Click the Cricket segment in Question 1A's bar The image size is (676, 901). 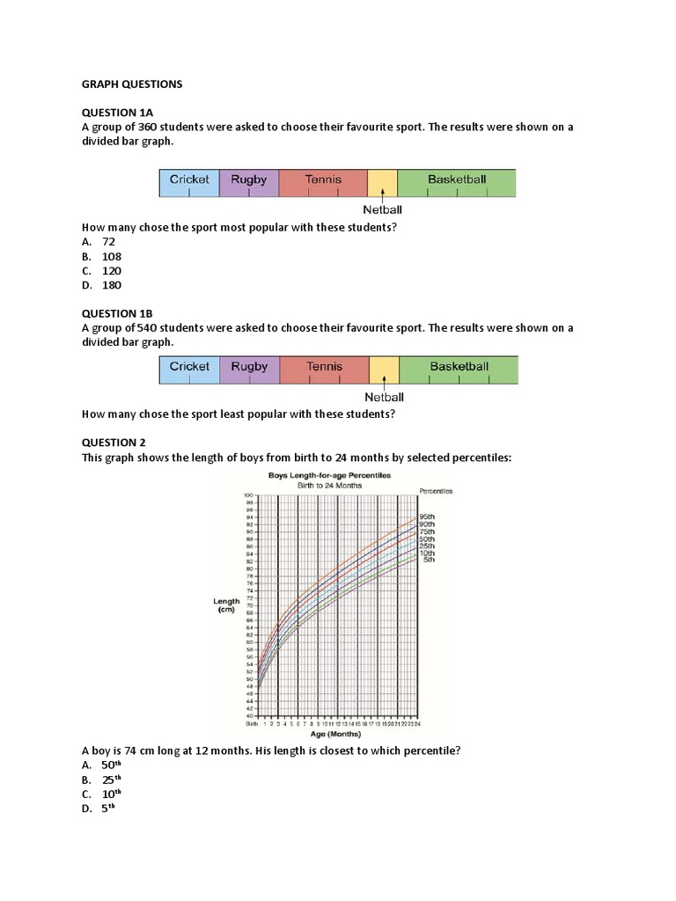189,182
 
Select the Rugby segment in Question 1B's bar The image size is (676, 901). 249,370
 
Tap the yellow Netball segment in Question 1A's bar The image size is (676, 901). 383,182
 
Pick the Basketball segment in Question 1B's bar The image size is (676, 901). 459,370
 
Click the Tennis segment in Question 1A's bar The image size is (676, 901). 323,182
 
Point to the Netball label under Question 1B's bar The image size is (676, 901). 384,398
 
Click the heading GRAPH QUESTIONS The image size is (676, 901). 131,84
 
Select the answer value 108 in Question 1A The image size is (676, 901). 111,256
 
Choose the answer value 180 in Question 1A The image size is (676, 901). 111,285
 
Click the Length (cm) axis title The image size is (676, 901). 226,606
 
